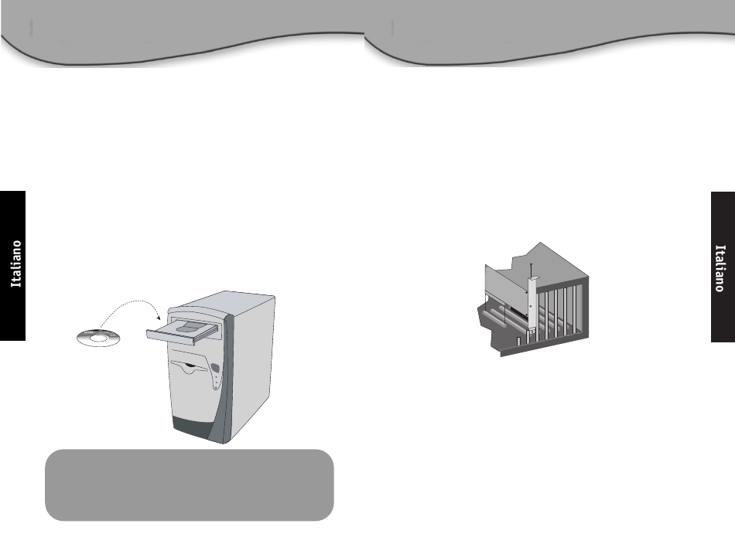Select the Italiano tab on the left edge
coord(13,265)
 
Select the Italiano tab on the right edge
coord(722,267)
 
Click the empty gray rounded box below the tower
coord(190,485)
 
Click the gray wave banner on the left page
coord(182,35)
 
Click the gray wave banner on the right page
coord(549,35)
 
